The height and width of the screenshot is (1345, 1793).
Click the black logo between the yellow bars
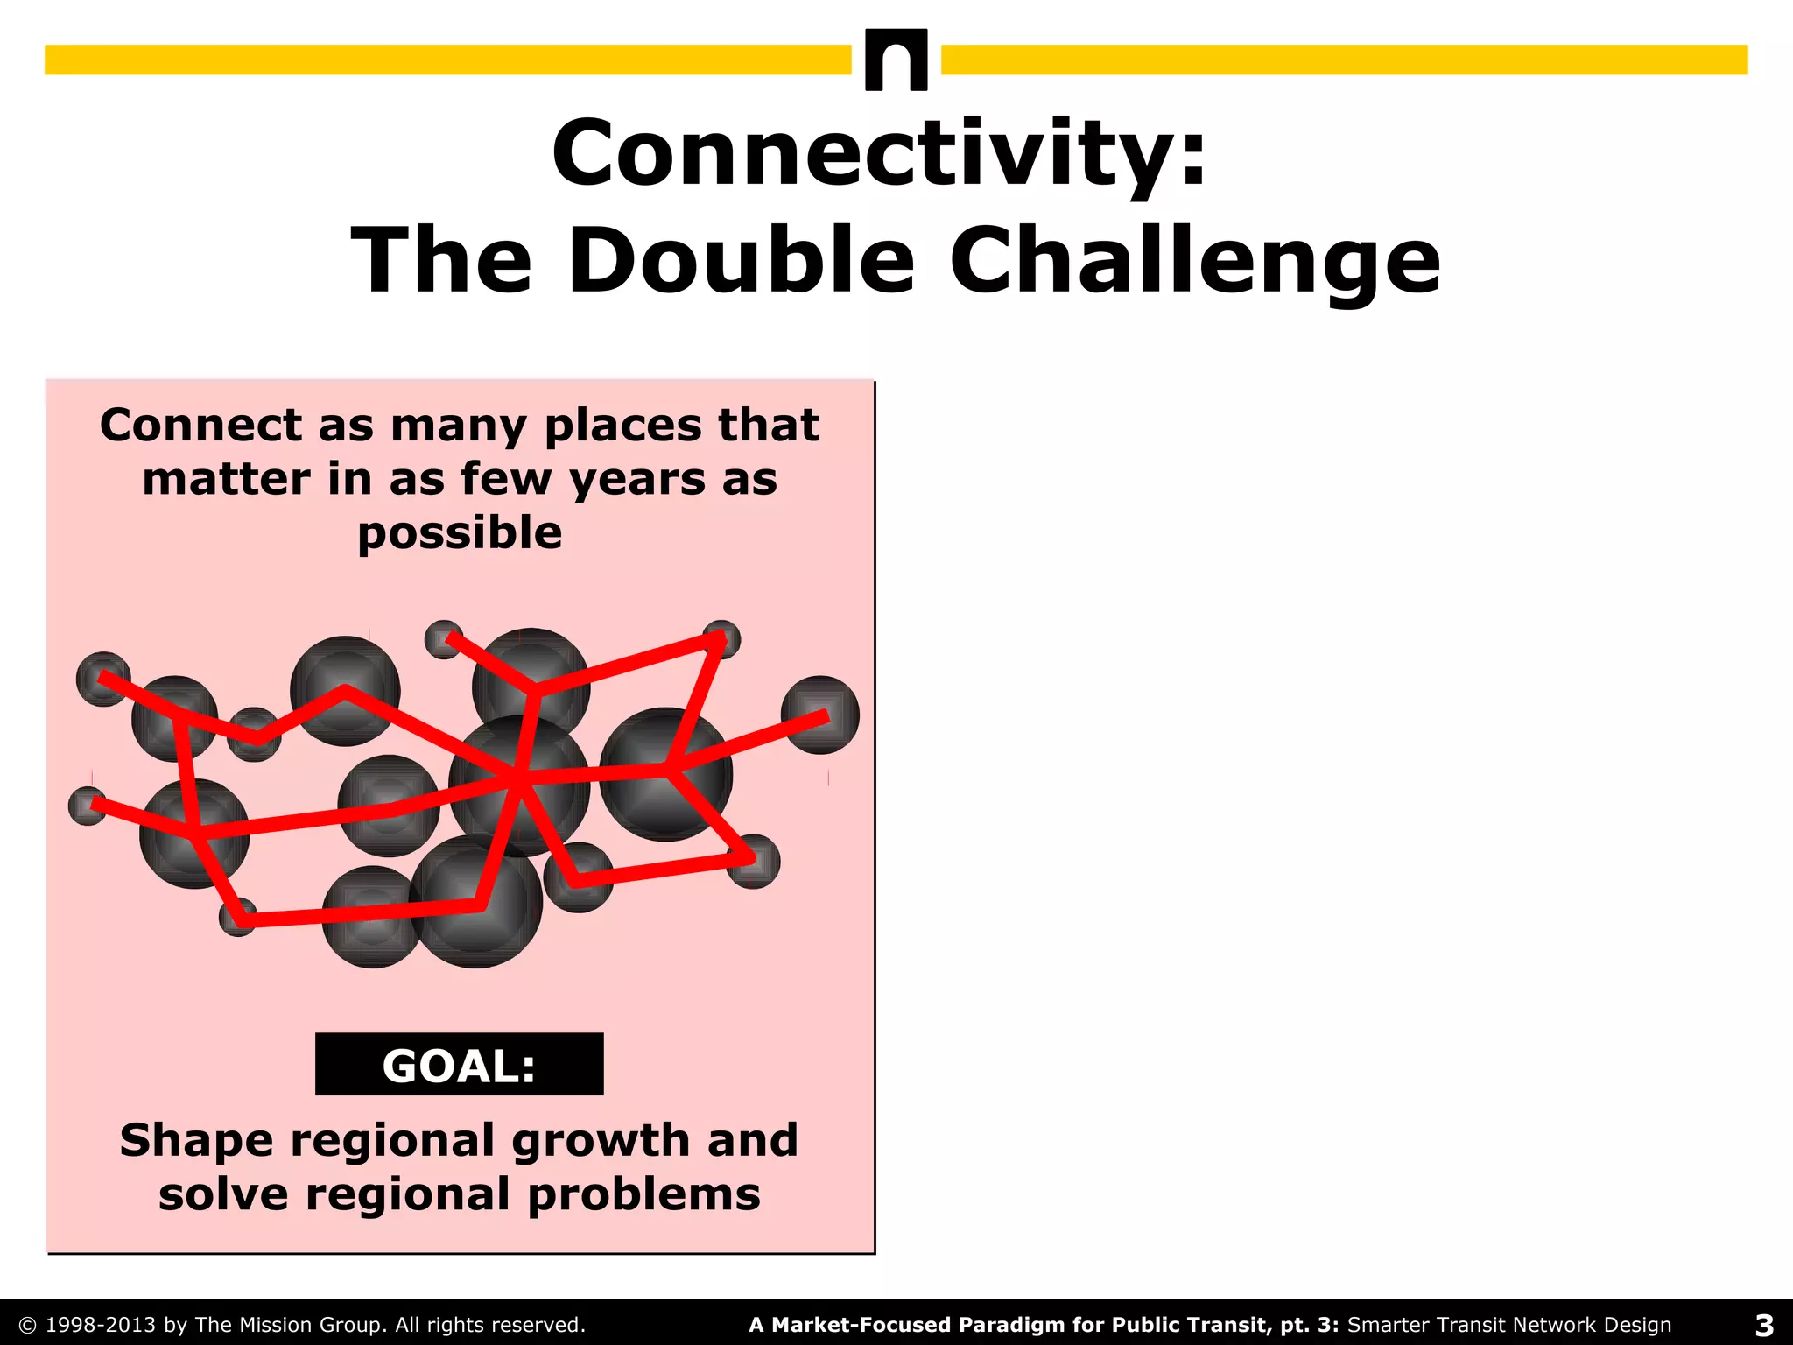896,60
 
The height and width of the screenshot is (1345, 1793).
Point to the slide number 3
1764,1325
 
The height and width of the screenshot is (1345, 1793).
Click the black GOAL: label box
459,1065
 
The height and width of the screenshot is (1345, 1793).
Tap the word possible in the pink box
460,533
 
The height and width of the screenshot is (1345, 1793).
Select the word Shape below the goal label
196,1141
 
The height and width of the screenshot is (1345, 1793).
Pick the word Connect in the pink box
201,426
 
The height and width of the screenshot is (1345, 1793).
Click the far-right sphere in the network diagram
819,715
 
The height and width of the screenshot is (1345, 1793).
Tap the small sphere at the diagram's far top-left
102,679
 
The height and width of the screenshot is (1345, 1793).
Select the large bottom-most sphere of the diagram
476,902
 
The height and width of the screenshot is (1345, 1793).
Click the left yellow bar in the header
446,60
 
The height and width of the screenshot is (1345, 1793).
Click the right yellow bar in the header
1344,60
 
